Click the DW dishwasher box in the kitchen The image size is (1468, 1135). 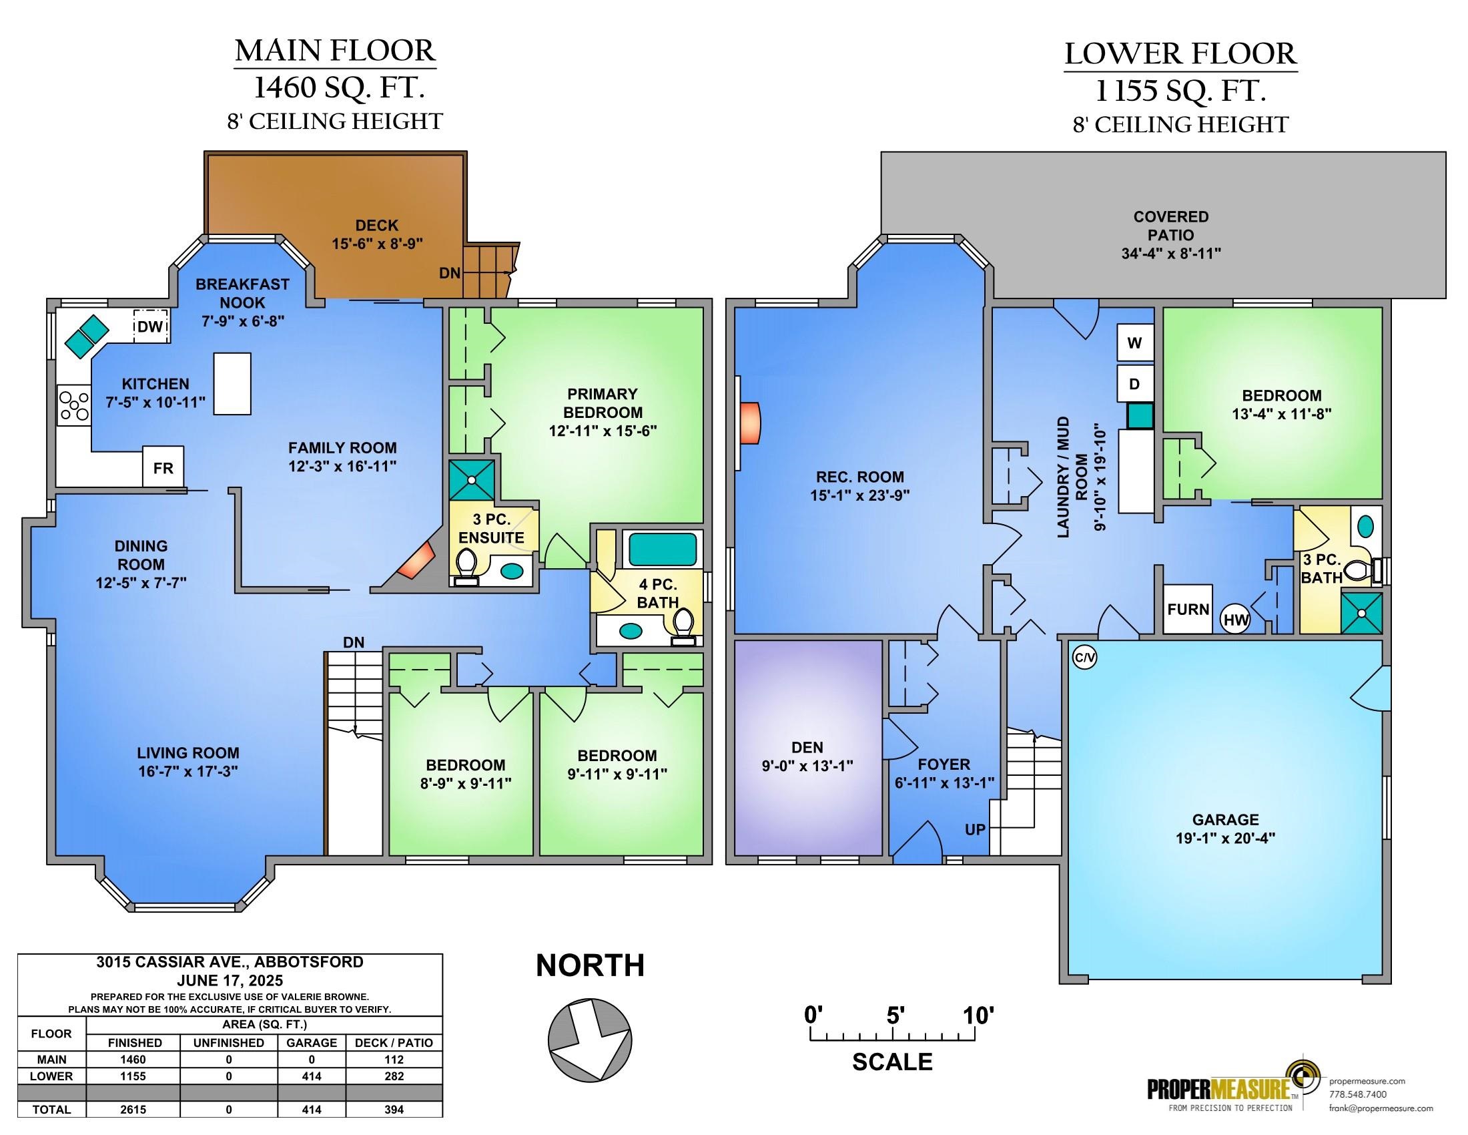click(150, 326)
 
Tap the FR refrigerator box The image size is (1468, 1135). click(163, 467)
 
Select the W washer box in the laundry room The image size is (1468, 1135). click(1135, 343)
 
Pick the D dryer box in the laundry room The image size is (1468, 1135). click(1135, 384)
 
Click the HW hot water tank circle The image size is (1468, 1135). click(1235, 620)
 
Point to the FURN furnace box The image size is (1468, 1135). click(1188, 609)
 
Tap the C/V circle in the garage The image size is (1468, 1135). click(1084, 658)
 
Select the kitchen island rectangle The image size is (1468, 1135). click(233, 383)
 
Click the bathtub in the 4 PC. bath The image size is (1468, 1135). click(663, 550)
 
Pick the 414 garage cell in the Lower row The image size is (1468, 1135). click(312, 1076)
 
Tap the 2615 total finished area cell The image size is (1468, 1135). click(133, 1110)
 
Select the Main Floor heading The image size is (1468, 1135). click(335, 51)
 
